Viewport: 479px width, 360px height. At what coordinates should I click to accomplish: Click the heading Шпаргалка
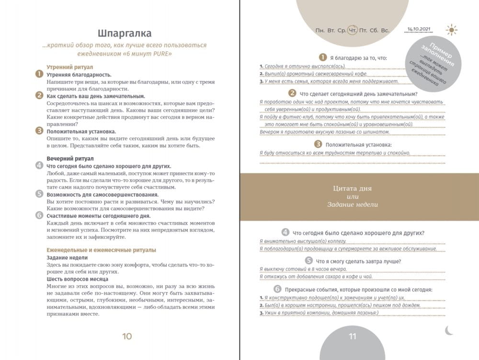(125, 33)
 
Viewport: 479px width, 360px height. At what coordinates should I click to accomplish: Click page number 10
(127, 336)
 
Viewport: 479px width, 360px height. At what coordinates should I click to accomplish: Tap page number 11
(353, 336)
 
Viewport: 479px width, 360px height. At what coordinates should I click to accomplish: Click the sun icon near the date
(451, 30)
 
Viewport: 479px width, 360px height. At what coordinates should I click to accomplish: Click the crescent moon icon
(449, 330)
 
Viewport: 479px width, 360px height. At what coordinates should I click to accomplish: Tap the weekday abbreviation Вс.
(385, 30)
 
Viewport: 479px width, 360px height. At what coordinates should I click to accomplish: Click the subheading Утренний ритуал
(69, 67)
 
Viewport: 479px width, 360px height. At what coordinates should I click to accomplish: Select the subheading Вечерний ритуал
(70, 158)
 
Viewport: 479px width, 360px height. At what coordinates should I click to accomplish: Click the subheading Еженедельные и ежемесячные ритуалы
(101, 250)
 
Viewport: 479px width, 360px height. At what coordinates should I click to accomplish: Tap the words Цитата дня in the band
(352, 188)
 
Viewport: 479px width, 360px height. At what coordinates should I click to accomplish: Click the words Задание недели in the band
(353, 204)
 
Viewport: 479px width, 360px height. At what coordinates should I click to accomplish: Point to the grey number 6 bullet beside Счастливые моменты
(39, 215)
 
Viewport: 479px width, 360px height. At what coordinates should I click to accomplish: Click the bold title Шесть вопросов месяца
(77, 279)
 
